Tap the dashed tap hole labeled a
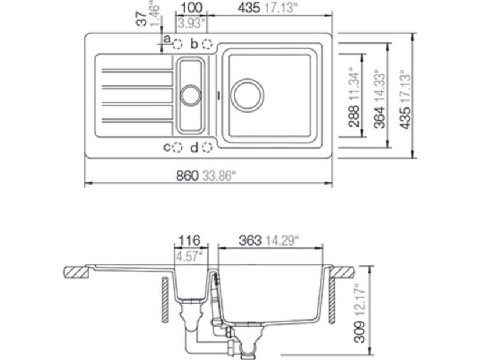click(x=179, y=44)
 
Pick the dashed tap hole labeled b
click(x=207, y=44)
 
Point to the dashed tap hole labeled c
click(x=179, y=148)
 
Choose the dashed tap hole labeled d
click(x=207, y=148)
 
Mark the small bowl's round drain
click(x=191, y=95)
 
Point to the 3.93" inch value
click(x=190, y=24)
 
